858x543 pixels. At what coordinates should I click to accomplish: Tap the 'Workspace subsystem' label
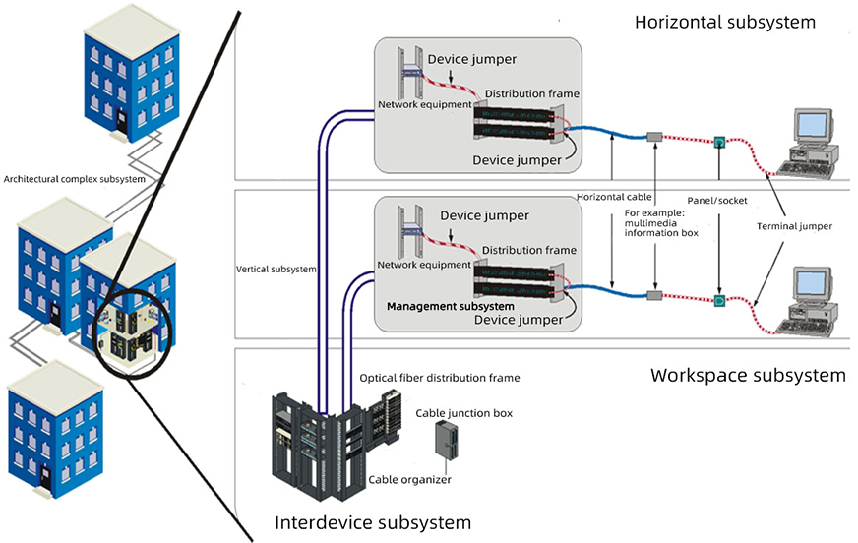point(748,376)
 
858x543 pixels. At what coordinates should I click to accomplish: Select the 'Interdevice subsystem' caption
point(373,522)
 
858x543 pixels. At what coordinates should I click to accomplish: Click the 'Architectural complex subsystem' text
point(75,179)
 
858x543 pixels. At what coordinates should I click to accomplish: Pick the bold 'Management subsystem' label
point(450,306)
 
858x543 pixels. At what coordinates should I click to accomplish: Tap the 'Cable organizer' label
point(409,479)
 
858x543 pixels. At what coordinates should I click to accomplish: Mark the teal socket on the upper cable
point(719,142)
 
